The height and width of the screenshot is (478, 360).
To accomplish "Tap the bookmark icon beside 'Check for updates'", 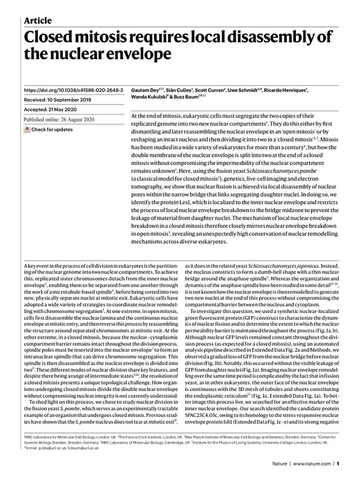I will (x=25, y=129).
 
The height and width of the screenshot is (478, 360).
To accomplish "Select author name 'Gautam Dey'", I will (x=145, y=90).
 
